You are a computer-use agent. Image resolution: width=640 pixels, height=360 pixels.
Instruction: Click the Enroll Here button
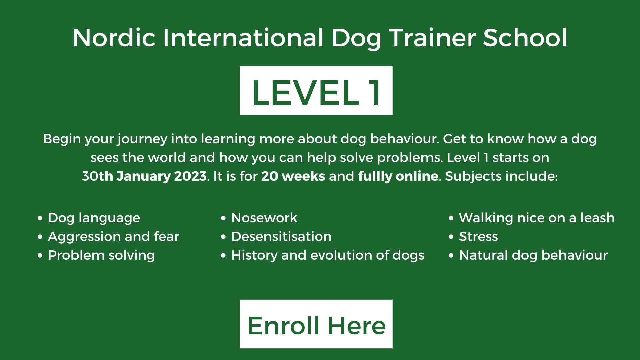coord(316,324)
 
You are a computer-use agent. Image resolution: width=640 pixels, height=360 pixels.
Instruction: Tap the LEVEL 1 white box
coord(316,90)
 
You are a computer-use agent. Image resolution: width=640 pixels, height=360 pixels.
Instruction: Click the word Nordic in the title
coord(114,38)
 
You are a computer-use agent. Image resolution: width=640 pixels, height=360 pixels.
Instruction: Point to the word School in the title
coord(525,38)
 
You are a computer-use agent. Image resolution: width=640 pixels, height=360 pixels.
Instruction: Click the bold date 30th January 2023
coord(144,176)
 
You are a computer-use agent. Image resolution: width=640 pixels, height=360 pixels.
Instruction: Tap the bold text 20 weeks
coord(293,176)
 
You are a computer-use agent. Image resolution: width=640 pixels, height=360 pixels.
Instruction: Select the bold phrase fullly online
coord(398,176)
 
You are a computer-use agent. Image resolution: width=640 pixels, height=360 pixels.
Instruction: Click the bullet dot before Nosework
coord(224,219)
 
